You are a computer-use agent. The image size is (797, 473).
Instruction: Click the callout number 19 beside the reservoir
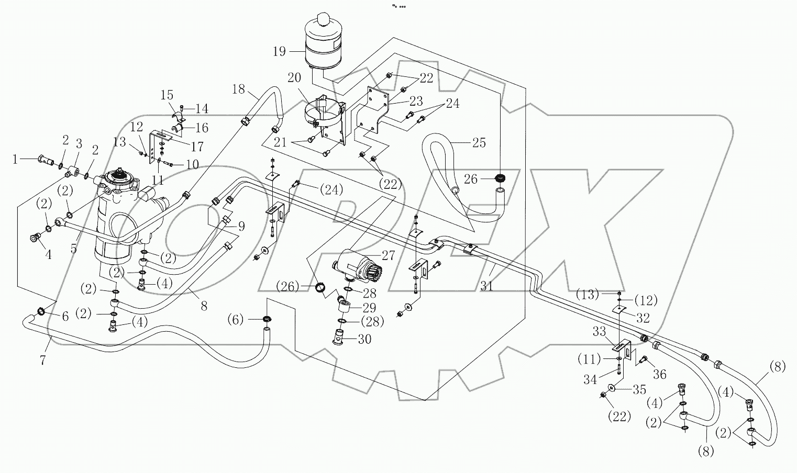pos(279,51)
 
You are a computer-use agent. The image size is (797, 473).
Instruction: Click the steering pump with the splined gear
pos(357,266)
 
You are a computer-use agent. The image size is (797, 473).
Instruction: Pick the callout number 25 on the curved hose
pos(479,142)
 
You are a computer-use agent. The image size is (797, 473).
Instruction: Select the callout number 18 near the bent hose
pos(238,89)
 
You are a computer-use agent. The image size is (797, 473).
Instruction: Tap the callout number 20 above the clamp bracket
pos(294,77)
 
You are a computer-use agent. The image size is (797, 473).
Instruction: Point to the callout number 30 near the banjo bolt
pos(364,339)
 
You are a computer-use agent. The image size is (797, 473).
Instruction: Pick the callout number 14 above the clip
pos(202,108)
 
